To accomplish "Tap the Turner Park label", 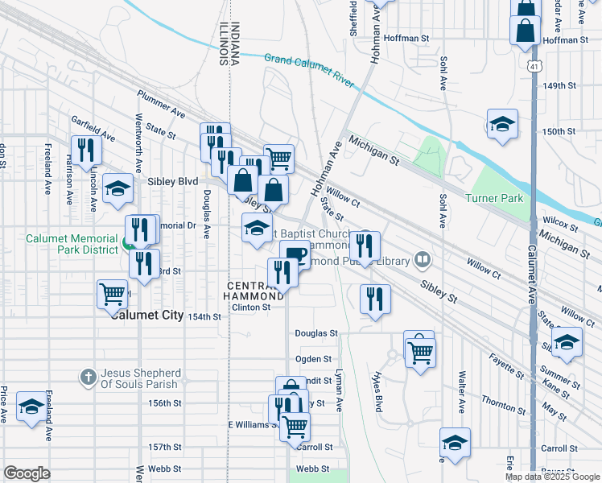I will pyautogui.click(x=493, y=198).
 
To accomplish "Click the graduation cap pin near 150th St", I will pyautogui.click(x=502, y=124).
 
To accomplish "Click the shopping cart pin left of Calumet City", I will pyautogui.click(x=111, y=293).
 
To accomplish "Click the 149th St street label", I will pyautogui.click(x=559, y=85).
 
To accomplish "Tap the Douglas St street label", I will pyautogui.click(x=315, y=332).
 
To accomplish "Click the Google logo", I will pyautogui.click(x=27, y=473).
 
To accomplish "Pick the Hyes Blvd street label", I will pyautogui.click(x=376, y=392).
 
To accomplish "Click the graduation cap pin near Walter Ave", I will pyautogui.click(x=455, y=443).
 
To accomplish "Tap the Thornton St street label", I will pyautogui.click(x=504, y=399).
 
